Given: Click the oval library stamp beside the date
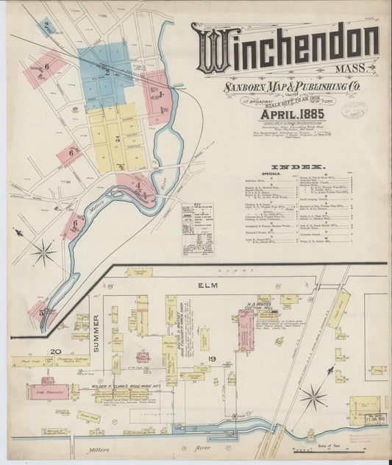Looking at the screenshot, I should (x=360, y=113).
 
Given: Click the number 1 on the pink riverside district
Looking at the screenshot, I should (x=160, y=94).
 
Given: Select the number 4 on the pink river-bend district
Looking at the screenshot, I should (x=138, y=185).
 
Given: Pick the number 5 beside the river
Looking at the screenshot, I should (x=43, y=311).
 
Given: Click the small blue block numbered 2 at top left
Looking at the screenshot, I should (x=46, y=27).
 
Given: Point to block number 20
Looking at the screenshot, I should (x=54, y=351).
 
